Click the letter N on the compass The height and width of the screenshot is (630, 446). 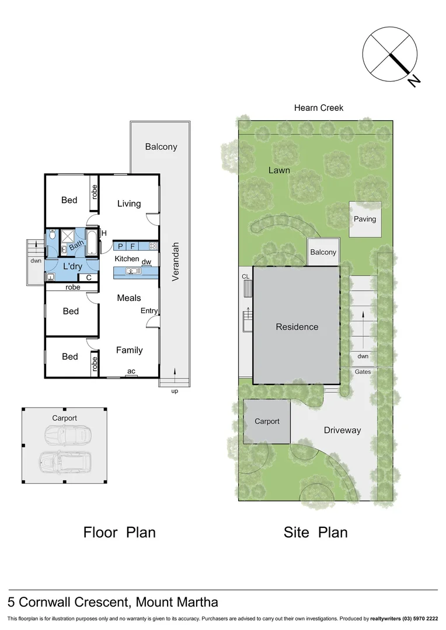click(414, 81)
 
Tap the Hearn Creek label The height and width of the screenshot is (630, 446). click(318, 108)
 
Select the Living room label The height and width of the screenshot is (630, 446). click(129, 204)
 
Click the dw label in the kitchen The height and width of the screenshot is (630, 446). click(147, 262)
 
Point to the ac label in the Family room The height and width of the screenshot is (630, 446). click(131, 370)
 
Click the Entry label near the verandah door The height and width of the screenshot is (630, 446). click(149, 311)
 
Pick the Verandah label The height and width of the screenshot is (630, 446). click(175, 262)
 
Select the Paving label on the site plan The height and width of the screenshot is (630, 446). click(365, 219)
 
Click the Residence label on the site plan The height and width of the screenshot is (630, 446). click(297, 327)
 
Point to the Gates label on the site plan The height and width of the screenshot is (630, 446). click(363, 372)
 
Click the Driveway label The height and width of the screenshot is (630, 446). click(342, 430)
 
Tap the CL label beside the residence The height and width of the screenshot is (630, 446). click(245, 276)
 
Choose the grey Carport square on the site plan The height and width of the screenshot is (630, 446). click(266, 421)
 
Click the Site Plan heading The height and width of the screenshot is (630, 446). click(315, 532)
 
